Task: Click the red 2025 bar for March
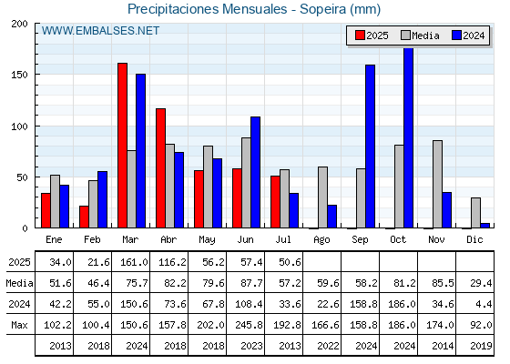coord(122,146)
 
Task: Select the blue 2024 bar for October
coord(409,137)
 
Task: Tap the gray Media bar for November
coord(437,184)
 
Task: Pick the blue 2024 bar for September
coord(370,147)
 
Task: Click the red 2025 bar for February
coord(84,217)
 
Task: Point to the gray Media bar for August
coord(322,197)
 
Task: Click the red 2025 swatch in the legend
coord(360,35)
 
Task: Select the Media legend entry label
coord(425,35)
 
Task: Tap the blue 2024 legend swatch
coord(456,35)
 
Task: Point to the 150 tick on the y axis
coord(19,75)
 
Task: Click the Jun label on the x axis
coord(245,240)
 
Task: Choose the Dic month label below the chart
coord(474,239)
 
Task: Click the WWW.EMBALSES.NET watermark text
coord(100,31)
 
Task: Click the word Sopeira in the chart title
coord(323,9)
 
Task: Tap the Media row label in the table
coord(19,283)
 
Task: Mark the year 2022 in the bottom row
coord(328,346)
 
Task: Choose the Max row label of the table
coord(19,325)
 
